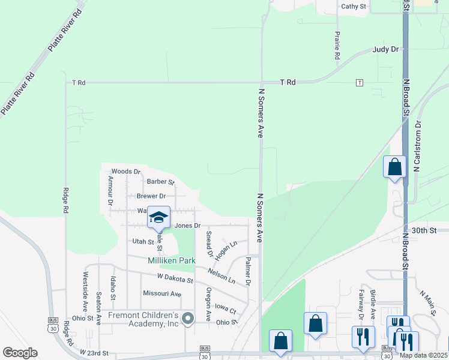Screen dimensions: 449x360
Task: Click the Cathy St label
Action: click(x=354, y=7)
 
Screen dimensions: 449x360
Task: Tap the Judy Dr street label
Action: click(x=385, y=49)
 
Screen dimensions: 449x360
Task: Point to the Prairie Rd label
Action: click(x=337, y=45)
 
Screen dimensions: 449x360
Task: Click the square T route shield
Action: click(x=360, y=82)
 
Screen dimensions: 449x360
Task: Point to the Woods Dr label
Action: click(x=125, y=172)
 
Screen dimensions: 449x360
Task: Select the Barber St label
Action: click(x=160, y=181)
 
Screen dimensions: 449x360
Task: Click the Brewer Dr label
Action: click(x=151, y=196)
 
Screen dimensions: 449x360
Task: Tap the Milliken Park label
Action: click(x=172, y=260)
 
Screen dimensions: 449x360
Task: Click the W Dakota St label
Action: click(x=175, y=280)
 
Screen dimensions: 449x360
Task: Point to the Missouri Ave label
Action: click(x=161, y=293)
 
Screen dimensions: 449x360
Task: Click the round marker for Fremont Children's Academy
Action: click(x=188, y=319)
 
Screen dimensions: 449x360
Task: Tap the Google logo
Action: click(x=20, y=353)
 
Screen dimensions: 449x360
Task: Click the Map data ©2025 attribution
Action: click(x=423, y=355)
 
